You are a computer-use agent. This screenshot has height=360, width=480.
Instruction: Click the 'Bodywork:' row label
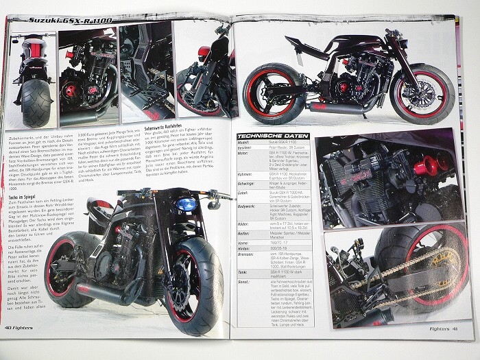(250, 207)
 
